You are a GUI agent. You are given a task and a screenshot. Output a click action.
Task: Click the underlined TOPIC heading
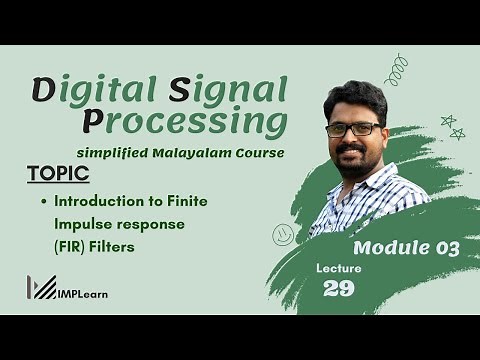pyautogui.click(x=58, y=174)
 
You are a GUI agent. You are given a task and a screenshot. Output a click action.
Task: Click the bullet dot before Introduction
pyautogui.click(x=45, y=202)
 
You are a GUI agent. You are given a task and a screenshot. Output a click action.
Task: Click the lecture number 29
pyautogui.click(x=340, y=289)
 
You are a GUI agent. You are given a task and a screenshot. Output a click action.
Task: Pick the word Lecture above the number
pyautogui.click(x=339, y=268)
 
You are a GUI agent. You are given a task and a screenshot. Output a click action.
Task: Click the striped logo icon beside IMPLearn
pyautogui.click(x=42, y=288)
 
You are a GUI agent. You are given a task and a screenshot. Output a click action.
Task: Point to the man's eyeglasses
pyautogui.click(x=354, y=129)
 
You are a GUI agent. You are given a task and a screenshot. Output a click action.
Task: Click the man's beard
pyautogui.click(x=354, y=160)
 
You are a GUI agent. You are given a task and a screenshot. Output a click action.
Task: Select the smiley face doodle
pyautogui.click(x=283, y=234)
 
